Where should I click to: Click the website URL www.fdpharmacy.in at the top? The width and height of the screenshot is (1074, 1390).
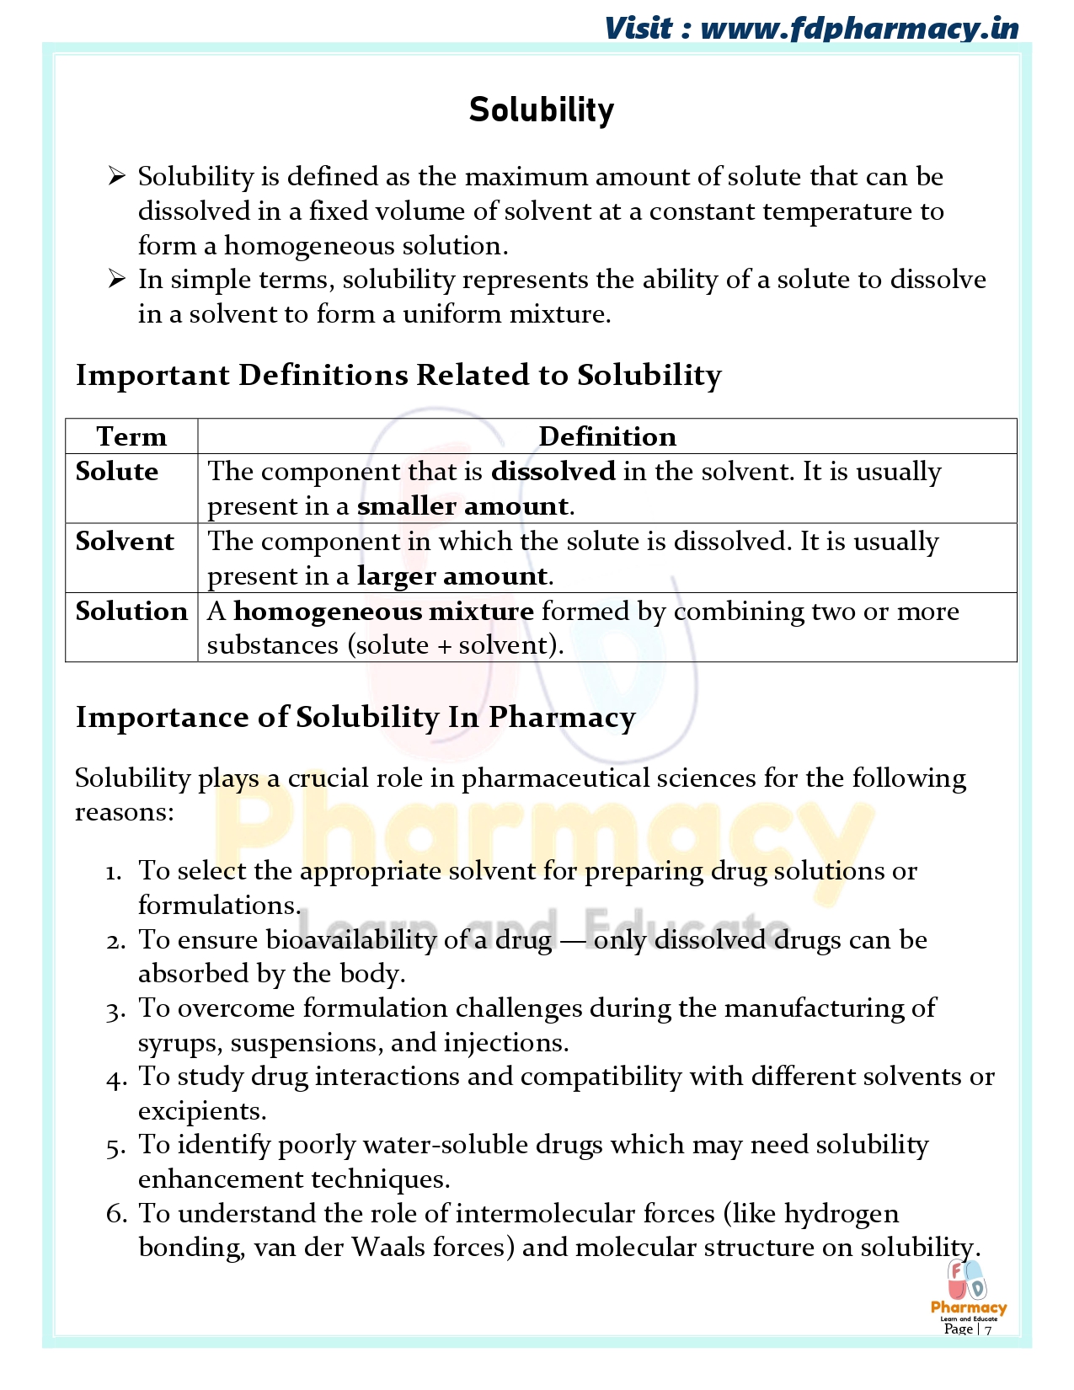[x=859, y=29]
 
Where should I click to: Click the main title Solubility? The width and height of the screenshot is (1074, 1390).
[x=542, y=110]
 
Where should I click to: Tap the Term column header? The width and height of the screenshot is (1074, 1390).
[x=131, y=436]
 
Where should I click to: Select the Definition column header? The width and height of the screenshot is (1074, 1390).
[x=607, y=436]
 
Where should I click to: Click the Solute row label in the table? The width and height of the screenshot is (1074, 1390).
[x=117, y=471]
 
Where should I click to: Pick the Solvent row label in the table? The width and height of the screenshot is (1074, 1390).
[x=125, y=541]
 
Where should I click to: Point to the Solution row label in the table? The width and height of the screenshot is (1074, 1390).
[x=131, y=611]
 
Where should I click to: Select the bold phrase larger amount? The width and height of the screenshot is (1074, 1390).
[x=452, y=576]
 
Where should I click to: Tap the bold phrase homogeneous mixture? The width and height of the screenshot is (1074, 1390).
[x=383, y=611]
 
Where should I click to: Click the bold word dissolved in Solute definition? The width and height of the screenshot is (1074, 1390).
[x=553, y=471]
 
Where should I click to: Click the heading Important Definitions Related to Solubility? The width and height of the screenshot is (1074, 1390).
[x=398, y=375]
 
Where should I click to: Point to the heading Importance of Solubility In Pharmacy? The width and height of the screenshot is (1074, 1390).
[x=355, y=717]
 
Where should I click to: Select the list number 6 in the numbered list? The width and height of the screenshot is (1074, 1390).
[x=116, y=1214]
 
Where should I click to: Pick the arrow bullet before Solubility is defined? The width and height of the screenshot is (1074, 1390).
[x=116, y=176]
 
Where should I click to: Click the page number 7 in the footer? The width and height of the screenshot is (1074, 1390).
[x=988, y=1330]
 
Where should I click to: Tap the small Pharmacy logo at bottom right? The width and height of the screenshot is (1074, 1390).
[x=967, y=1289]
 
